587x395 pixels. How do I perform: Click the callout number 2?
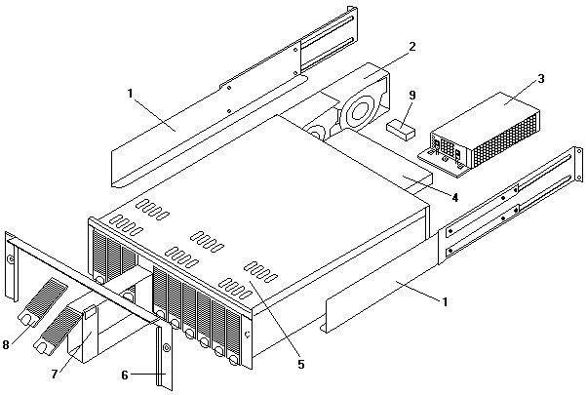tap(412, 46)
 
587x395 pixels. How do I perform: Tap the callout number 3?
tap(540, 77)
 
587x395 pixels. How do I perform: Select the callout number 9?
tap(412, 96)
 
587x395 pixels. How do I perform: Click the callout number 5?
tap(301, 364)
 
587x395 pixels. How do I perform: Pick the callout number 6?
tap(124, 375)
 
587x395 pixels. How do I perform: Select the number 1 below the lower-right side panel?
tap(445, 301)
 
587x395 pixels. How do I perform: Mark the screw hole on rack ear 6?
tap(166, 348)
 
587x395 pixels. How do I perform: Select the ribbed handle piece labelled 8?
tap(43, 304)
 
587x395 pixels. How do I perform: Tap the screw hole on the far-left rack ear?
tap(10, 260)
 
